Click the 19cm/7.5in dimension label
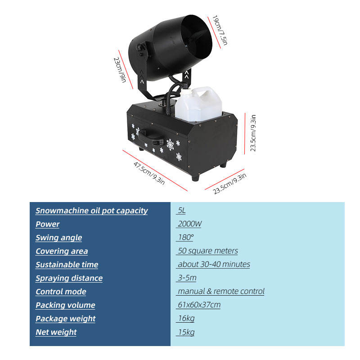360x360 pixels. click(220, 30)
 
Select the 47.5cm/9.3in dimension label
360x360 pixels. click(149, 172)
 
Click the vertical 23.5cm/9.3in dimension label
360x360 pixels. click(253, 133)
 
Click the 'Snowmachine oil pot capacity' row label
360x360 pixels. click(91, 211)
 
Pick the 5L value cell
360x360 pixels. click(181, 211)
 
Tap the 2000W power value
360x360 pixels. click(189, 224)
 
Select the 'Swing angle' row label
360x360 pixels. click(58, 238)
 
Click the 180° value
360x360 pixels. click(185, 238)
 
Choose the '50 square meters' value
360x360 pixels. click(207, 251)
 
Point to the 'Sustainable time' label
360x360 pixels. click(67, 265)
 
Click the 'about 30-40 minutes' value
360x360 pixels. click(213, 265)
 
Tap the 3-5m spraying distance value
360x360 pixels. click(187, 278)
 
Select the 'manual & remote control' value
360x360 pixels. click(220, 292)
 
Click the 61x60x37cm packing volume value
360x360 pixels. click(198, 305)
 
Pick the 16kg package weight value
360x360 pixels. click(186, 319)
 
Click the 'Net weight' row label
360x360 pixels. click(56, 332)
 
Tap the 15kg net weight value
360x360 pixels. click(186, 332)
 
